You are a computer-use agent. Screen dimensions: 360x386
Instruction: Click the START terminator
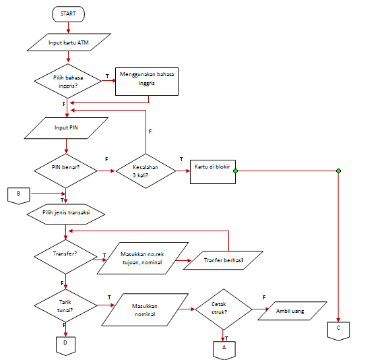68,13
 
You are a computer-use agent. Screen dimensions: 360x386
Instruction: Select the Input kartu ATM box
68,44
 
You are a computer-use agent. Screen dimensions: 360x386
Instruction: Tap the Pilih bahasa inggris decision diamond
68,82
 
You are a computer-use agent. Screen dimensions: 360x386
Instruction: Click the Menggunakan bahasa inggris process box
146,79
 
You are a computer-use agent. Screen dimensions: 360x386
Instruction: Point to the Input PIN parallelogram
66,127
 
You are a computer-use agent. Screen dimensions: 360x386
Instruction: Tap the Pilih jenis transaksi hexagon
67,213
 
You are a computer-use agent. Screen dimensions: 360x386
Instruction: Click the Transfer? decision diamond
65,255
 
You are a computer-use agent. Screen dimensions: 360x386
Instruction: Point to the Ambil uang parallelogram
290,312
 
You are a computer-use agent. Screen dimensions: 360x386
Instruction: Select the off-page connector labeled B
19,194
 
